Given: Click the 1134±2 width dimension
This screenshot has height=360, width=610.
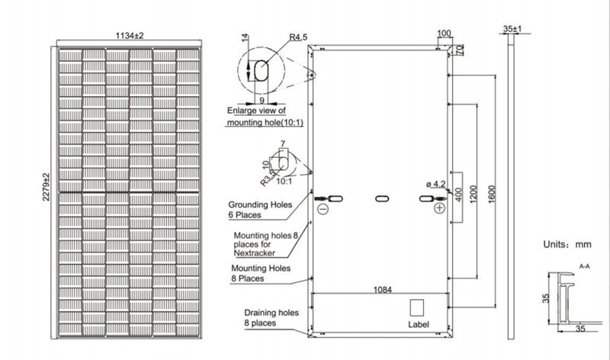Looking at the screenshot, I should click(x=130, y=35).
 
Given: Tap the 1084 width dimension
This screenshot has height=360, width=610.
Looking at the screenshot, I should click(x=379, y=289).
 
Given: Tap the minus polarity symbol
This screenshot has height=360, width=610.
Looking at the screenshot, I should click(x=322, y=208).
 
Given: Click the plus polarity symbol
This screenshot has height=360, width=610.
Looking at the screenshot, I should click(x=439, y=208).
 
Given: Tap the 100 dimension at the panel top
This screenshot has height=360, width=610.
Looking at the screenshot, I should click(x=445, y=34).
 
